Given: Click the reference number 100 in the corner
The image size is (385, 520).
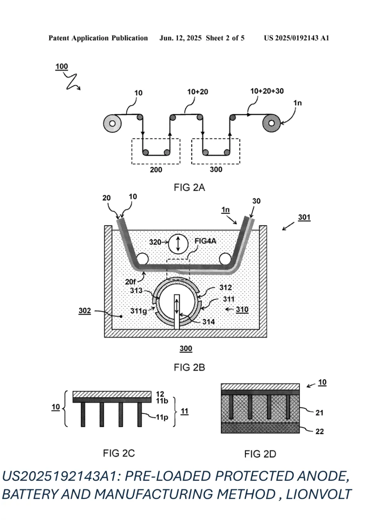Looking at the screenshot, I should click(62, 66).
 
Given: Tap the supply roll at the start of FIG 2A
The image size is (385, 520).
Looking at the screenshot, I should click(112, 123).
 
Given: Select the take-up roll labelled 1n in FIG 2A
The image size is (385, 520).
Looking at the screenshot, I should click(271, 123).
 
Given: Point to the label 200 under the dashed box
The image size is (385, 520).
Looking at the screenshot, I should click(156, 169).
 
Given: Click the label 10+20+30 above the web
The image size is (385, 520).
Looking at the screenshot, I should click(267, 91).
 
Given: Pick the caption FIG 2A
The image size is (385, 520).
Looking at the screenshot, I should click(189, 188).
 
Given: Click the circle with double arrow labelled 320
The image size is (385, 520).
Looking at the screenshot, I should click(178, 243).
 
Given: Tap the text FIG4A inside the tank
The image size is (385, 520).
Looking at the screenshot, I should click(205, 241).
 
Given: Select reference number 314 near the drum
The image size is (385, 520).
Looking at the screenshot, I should click(208, 322).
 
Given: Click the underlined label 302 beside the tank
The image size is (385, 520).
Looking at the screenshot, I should click(85, 310).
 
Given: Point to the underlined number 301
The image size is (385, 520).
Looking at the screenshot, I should click(304, 217).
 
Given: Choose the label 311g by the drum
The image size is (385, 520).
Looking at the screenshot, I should click(138, 311).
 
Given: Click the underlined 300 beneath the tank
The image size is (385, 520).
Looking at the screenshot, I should click(186, 348).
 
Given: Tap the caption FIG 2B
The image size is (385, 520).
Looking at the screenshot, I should click(189, 367).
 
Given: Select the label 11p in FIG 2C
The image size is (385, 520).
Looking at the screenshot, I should click(162, 417).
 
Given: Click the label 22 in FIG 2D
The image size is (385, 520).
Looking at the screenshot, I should click(320, 431).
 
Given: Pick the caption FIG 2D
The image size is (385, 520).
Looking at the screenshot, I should click(260, 454).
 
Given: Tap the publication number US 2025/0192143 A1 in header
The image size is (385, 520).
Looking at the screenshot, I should click(296, 38).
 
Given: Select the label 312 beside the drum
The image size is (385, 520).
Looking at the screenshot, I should click(226, 287).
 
